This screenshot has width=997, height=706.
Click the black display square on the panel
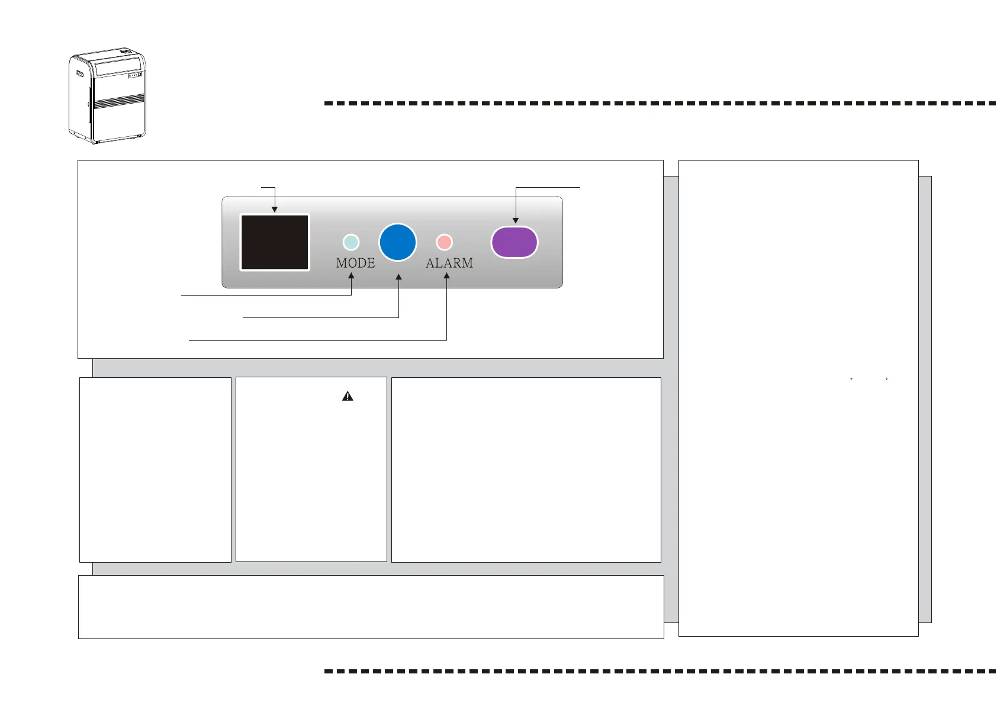point(274,242)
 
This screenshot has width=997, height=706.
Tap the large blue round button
point(398,242)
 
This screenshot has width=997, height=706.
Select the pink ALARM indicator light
point(444,242)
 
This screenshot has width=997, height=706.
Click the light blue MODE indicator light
point(351,242)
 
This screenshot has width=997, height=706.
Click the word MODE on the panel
point(355,263)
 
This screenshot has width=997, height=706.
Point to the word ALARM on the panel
point(449,263)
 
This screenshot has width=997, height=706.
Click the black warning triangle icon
point(348,396)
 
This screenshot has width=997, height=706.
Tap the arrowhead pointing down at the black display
point(275,209)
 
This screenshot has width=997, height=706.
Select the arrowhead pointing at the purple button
point(515,220)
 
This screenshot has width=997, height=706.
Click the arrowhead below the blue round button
point(398,277)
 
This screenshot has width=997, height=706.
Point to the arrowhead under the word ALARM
point(446,275)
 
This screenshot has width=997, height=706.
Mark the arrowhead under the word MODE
point(352,275)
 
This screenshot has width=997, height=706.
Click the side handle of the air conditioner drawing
point(79,74)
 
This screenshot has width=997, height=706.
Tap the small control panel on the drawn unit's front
point(135,75)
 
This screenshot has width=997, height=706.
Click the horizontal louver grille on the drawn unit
point(119,101)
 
